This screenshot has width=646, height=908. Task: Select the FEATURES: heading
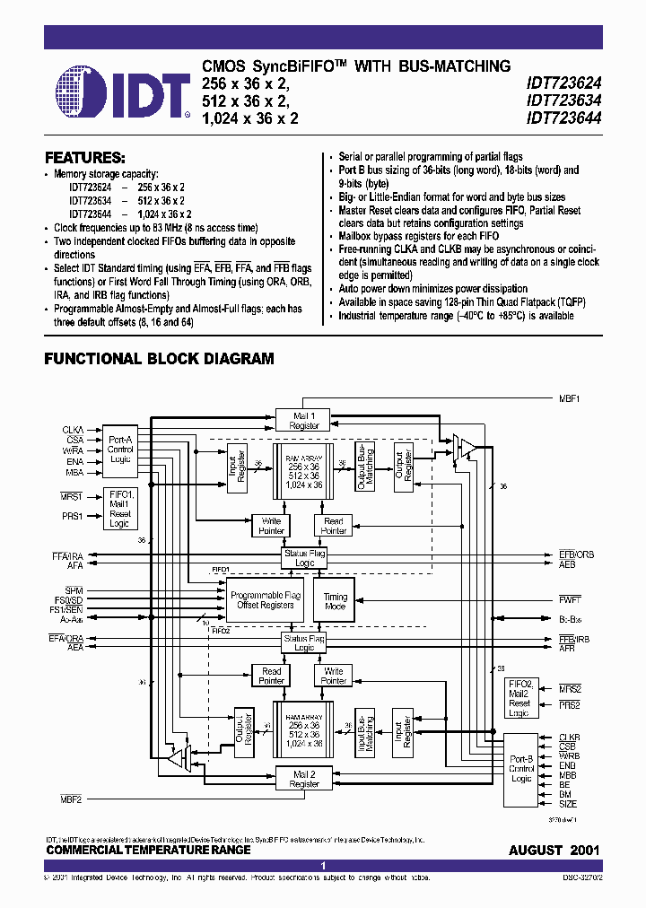coord(85,156)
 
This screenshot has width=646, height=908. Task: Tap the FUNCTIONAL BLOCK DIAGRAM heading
coord(159,359)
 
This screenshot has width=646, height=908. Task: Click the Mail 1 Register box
coord(304,420)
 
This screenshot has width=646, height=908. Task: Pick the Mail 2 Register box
coord(304,779)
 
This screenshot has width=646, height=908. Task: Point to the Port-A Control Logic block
coord(120,445)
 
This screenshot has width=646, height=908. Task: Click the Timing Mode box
coord(335,600)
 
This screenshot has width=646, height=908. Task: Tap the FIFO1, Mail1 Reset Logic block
coord(120,509)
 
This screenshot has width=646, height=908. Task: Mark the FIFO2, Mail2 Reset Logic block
coord(519,697)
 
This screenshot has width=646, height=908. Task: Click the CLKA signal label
coord(73,431)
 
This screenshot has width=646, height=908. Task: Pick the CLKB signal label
coord(569,738)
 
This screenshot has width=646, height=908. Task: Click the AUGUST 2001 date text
coord(554,850)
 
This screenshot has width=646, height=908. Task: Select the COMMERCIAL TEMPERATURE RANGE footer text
coord(148,850)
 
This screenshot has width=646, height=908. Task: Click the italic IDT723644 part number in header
coord(563,118)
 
